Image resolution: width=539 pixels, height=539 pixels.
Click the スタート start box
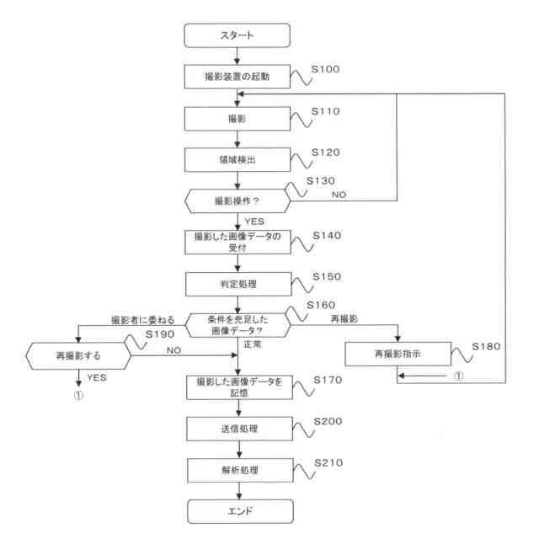[237, 35]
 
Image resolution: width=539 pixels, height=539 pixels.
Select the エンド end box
[240, 511]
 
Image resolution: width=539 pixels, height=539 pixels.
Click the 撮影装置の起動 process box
[237, 77]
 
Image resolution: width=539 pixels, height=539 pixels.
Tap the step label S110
[325, 111]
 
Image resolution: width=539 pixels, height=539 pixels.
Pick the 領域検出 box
[237, 160]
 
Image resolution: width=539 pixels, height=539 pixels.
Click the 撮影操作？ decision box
[237, 201]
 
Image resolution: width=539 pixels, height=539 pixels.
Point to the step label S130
[320, 181]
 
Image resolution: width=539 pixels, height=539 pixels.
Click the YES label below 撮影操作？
[254, 221]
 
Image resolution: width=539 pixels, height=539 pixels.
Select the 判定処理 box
[238, 285]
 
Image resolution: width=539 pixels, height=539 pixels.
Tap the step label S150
[327, 277]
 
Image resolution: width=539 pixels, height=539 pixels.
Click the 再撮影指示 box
[398, 354]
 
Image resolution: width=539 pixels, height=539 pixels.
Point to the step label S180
[486, 346]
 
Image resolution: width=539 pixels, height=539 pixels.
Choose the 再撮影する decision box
[78, 355]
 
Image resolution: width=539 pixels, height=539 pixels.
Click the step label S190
[160, 334]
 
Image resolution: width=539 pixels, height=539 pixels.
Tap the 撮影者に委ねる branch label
[142, 320]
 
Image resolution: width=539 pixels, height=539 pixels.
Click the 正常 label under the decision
[253, 344]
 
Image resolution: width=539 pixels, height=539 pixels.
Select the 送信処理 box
[239, 429]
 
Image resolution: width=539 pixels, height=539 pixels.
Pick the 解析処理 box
[240, 470]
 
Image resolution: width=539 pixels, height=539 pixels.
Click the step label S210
[328, 462]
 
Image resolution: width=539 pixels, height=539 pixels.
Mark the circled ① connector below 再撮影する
[78, 395]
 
